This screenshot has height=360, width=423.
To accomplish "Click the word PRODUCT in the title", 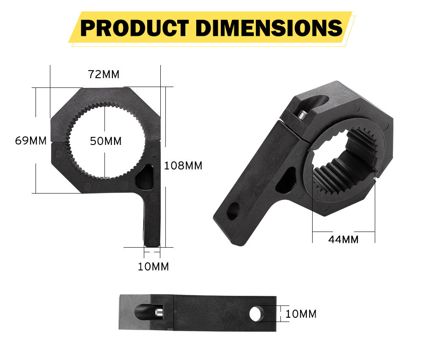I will click(x=134, y=28).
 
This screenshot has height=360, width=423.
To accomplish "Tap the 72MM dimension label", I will click(x=104, y=74).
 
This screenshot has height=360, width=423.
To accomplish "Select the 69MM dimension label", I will click(x=30, y=141).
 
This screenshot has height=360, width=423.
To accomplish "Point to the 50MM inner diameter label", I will click(x=106, y=141).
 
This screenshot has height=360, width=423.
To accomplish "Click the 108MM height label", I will click(x=183, y=166).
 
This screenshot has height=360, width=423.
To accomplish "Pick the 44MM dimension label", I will click(x=343, y=240).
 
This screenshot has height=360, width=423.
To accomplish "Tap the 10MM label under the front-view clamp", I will click(x=153, y=267).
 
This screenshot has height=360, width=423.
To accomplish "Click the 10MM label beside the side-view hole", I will click(x=301, y=314).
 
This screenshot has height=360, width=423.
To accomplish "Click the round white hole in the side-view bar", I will click(x=255, y=314).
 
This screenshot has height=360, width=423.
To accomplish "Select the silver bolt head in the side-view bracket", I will click(x=159, y=313).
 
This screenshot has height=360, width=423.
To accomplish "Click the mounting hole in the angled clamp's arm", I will click(x=233, y=210).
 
